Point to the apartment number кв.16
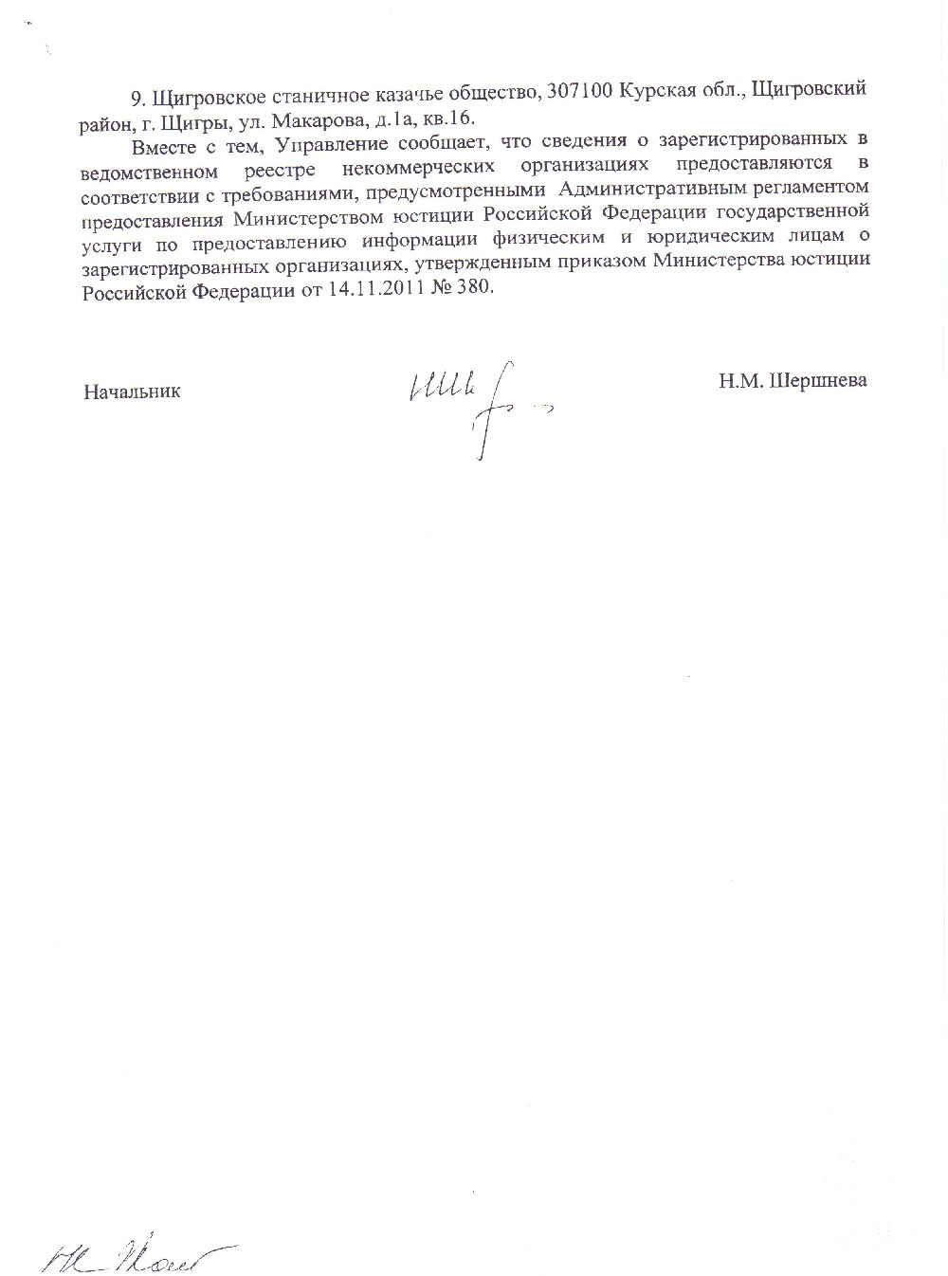tap(452, 118)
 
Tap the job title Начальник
tap(132, 390)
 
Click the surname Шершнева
tap(822, 380)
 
